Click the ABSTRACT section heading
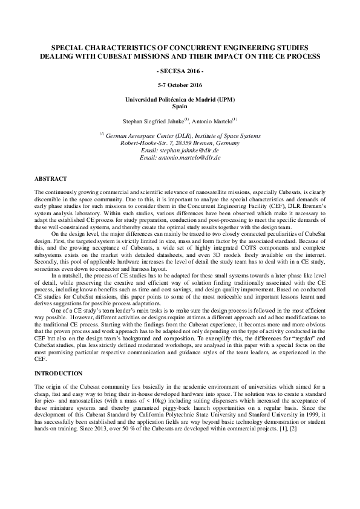(x=50, y=179)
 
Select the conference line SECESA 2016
(x=180, y=71)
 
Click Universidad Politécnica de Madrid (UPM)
(x=180, y=99)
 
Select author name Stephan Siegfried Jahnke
(x=154, y=120)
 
